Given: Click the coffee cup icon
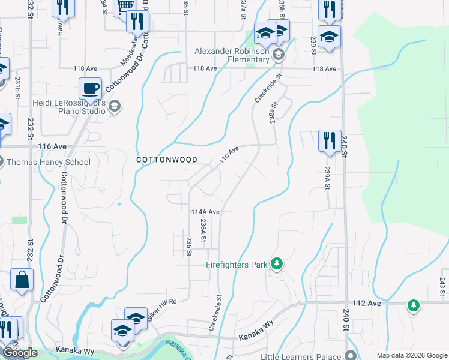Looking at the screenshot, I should tap(90, 89).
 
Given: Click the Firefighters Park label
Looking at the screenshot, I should tap(237, 264).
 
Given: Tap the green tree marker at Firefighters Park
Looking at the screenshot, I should tap(276, 263).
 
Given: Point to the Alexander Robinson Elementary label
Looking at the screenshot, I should tap(232, 55).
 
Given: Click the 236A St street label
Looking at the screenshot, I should tap(203, 230).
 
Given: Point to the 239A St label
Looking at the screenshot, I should tap(328, 178).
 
